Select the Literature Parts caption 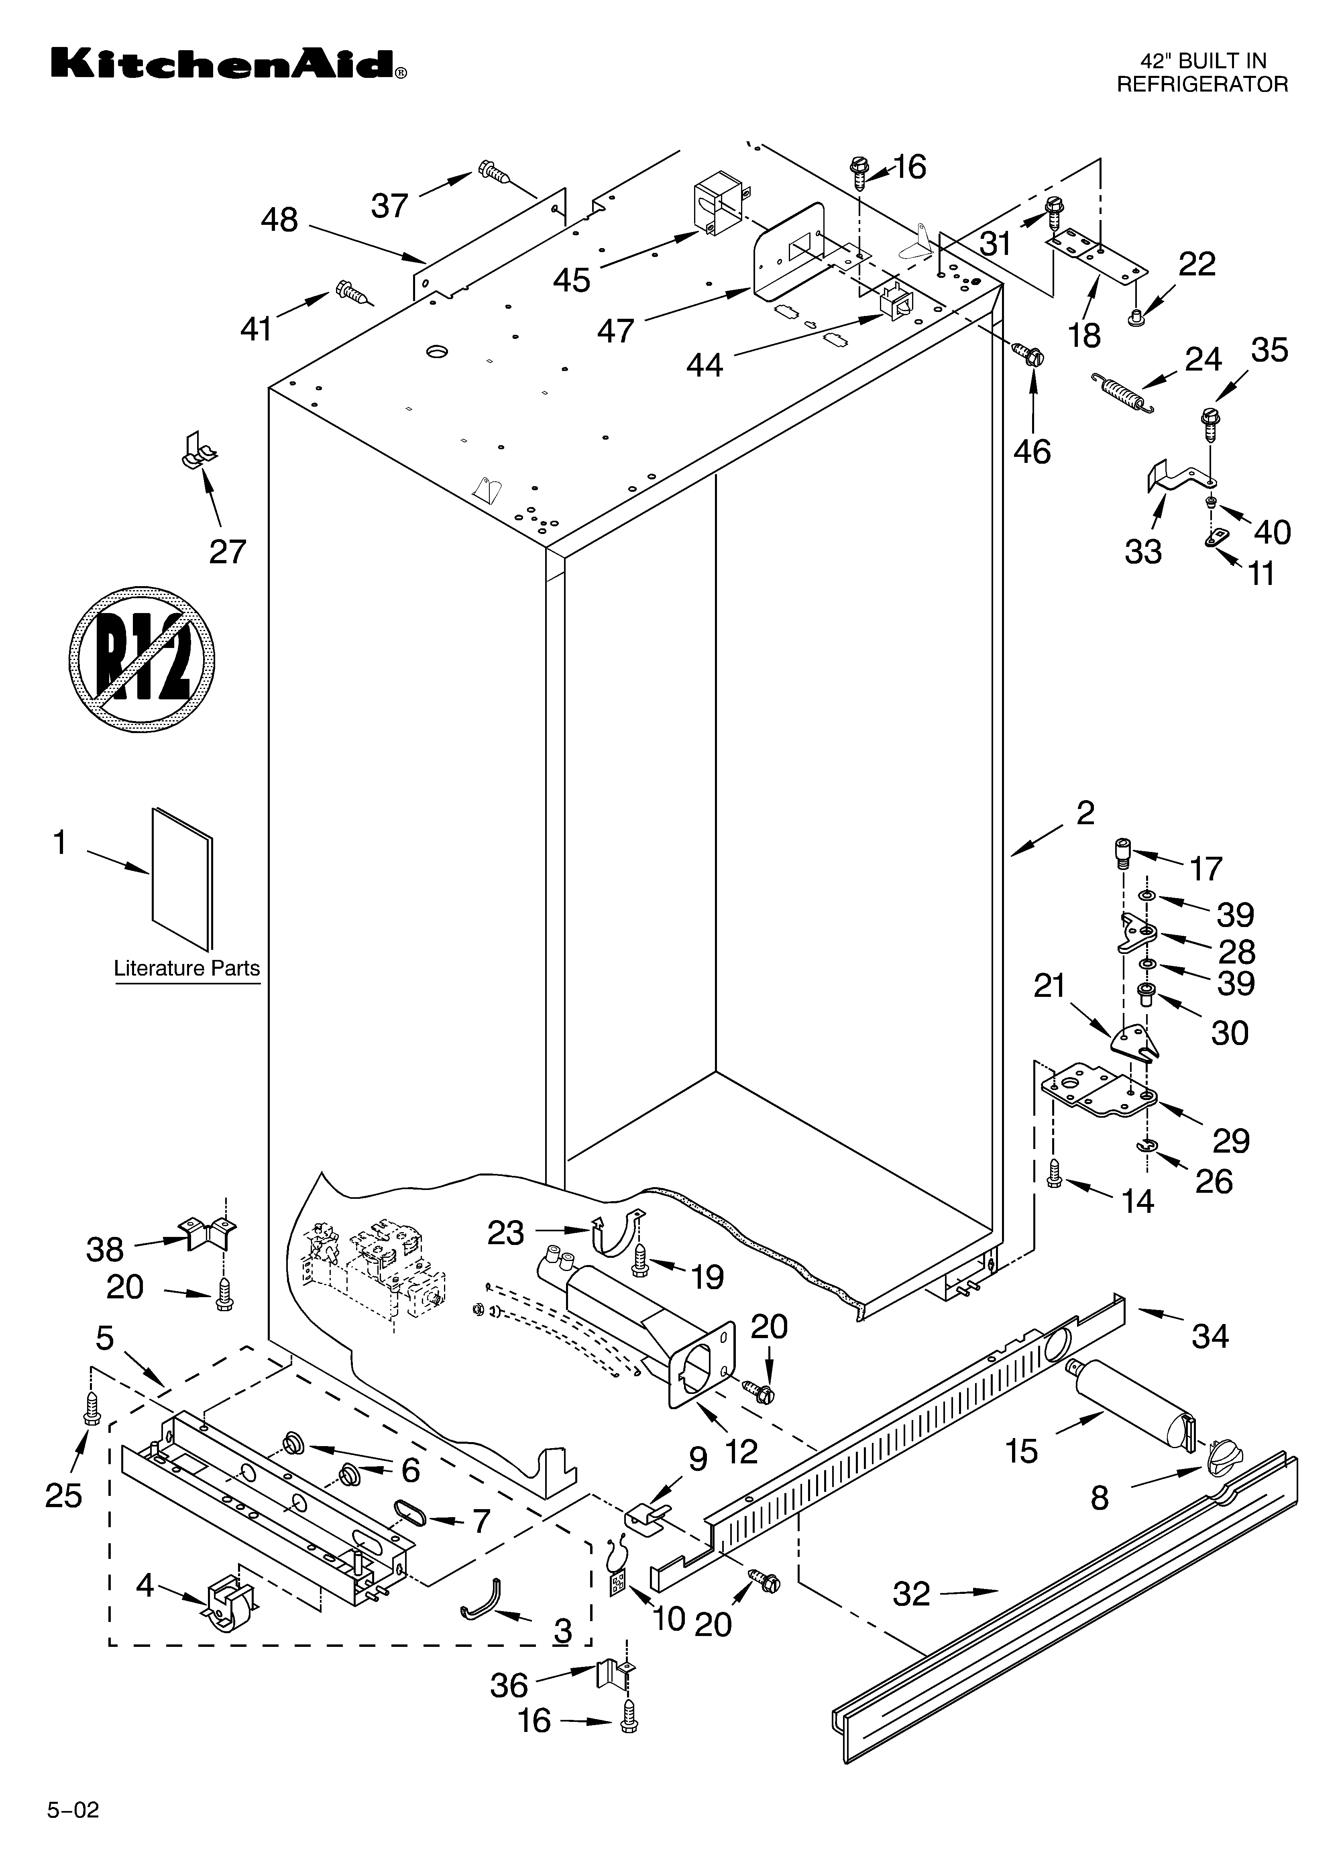coord(187,968)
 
